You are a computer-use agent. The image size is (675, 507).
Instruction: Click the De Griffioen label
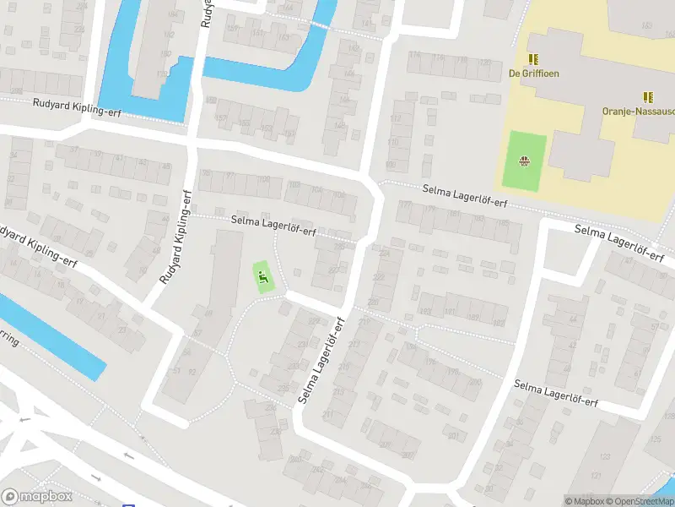533,74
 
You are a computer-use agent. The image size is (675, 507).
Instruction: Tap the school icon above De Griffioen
533,58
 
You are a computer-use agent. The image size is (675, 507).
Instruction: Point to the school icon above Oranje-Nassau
647,97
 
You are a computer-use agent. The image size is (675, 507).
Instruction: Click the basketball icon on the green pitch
525,160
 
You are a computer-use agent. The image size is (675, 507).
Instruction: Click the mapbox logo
37,496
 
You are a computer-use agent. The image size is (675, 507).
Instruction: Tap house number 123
604,456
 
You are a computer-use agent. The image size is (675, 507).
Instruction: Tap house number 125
656,439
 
